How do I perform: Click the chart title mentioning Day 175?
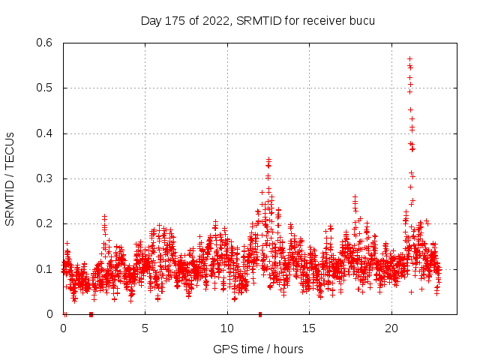257,20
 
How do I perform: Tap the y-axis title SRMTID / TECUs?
10,179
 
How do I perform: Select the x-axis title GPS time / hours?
258,349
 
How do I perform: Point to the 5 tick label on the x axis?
145,329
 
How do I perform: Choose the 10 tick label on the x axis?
227,329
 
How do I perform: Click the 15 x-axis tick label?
310,329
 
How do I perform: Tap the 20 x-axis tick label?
391,329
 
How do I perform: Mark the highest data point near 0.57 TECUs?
409,58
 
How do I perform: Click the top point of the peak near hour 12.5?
268,159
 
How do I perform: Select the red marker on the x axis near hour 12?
260,313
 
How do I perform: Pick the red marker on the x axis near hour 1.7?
91,313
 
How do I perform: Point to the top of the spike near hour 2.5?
104,216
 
